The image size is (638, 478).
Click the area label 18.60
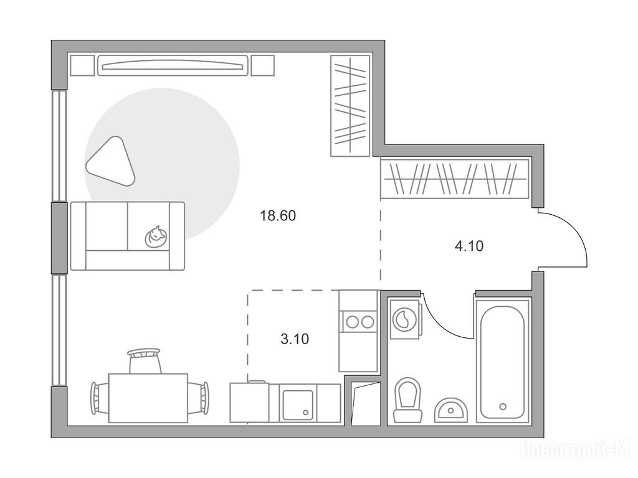point(278,215)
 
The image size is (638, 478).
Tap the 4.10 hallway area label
point(469,246)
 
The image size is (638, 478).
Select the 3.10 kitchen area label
point(295,339)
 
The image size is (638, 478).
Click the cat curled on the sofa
point(155,237)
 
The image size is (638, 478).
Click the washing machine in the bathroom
point(405,319)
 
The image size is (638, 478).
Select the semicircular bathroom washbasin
point(451,410)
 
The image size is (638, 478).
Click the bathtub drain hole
point(503,406)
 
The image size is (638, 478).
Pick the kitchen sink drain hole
point(306,413)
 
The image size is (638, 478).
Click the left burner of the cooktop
point(351,322)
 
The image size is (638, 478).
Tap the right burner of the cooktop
point(368,322)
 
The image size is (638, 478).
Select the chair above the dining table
point(145,360)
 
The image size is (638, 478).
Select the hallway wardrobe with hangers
point(454,179)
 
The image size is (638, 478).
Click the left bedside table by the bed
point(83,65)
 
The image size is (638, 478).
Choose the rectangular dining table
point(148,398)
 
